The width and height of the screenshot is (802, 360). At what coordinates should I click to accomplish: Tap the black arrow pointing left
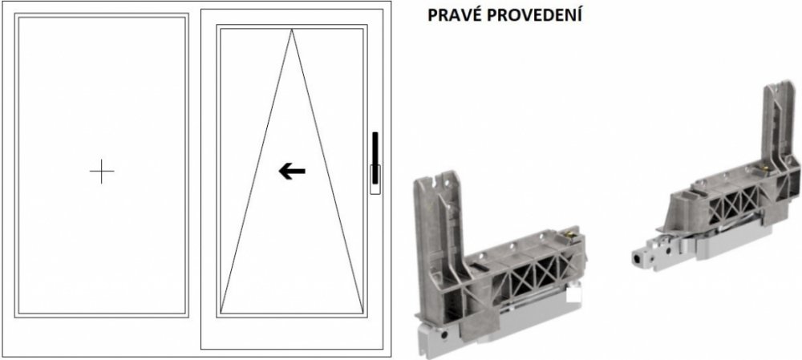click(292, 172)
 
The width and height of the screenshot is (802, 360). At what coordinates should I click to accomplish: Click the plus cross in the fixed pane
click(102, 172)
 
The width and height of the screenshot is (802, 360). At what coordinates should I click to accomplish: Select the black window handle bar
click(375, 157)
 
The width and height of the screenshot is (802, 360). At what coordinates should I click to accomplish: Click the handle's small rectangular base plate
click(375, 179)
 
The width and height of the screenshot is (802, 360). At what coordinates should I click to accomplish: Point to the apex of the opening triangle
click(292, 30)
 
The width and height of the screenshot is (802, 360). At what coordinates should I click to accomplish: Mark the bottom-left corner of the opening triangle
click(221, 313)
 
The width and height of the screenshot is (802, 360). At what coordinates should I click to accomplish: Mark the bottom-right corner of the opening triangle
click(363, 313)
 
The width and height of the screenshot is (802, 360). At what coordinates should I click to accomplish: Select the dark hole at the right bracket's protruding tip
click(638, 259)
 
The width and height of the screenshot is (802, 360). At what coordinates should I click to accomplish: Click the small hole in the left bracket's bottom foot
click(444, 335)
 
